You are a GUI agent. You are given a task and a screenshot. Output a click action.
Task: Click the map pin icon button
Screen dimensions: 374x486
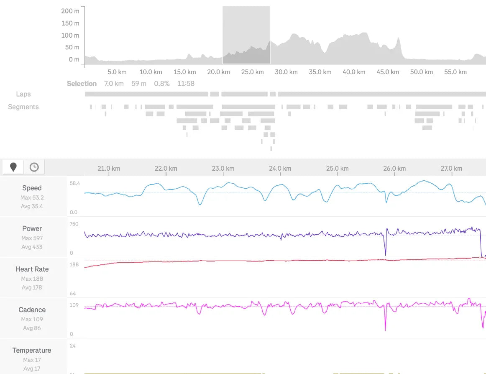click(13, 167)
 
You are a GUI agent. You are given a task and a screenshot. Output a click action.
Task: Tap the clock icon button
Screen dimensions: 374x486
click(34, 167)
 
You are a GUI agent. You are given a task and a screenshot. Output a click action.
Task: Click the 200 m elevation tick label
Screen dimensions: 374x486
click(70, 11)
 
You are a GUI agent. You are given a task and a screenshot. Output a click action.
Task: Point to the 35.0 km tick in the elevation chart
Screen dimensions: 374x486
click(320, 72)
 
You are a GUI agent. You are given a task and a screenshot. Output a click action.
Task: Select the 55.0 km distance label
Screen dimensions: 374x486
click(455, 72)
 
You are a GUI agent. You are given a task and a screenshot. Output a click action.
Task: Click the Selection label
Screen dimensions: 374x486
click(82, 84)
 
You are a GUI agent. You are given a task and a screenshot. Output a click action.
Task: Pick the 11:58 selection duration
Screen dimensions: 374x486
click(186, 84)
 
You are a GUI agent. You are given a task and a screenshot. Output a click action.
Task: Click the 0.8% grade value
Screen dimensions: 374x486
click(162, 84)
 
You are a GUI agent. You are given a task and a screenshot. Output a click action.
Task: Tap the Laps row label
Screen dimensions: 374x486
click(23, 94)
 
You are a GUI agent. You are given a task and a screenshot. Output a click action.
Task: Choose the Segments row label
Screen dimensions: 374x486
click(23, 107)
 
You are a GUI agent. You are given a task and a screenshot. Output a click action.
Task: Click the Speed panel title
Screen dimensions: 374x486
click(32, 188)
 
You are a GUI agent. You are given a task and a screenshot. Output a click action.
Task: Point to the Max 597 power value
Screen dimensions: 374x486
click(32, 238)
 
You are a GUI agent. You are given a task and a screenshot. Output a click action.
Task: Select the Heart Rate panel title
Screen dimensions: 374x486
click(32, 269)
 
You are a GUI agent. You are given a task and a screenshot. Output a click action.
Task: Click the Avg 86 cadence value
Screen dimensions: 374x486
click(32, 328)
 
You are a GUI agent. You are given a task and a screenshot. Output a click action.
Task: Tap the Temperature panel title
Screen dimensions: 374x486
click(32, 351)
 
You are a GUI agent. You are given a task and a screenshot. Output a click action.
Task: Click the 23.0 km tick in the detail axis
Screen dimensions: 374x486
click(223, 169)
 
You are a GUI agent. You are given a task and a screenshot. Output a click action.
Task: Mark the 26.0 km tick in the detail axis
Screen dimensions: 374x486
click(394, 169)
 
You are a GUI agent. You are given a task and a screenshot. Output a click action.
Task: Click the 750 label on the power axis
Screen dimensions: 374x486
click(74, 224)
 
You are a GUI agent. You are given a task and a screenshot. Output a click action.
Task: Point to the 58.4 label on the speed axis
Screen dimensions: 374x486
click(75, 183)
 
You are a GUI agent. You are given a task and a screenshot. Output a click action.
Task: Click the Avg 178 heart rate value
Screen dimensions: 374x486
click(32, 287)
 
